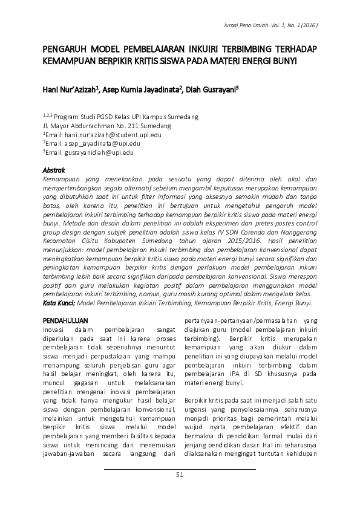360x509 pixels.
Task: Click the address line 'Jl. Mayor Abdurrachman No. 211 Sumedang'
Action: click(107, 126)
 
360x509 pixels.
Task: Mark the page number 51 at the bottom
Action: click(179, 475)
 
